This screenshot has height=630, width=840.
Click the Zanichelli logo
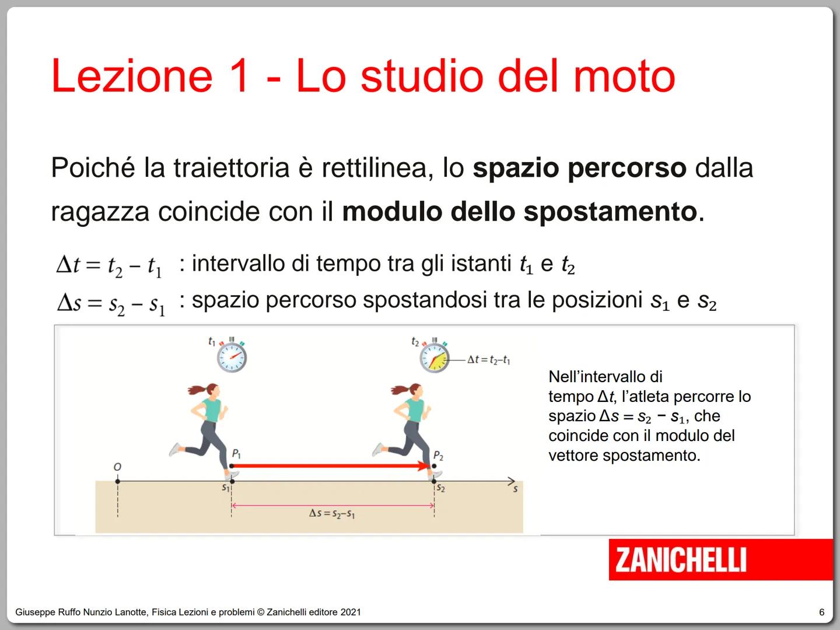point(680,560)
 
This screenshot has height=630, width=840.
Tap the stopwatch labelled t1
point(232,357)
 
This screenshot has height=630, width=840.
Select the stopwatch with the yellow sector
point(435,357)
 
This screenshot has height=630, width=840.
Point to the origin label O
point(117,467)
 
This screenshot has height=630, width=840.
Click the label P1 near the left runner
point(236,453)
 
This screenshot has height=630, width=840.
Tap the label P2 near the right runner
point(439,456)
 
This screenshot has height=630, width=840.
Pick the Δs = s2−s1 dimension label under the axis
point(332,513)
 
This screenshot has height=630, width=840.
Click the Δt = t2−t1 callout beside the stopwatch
point(489,360)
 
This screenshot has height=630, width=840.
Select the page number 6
point(822,612)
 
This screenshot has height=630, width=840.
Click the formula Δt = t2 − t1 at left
point(110,266)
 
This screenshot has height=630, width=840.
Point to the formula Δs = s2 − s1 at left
point(111,303)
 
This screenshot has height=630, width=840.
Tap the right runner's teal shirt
point(415,409)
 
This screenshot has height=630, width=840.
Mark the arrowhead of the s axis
point(512,481)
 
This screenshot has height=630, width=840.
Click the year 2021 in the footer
point(351,612)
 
